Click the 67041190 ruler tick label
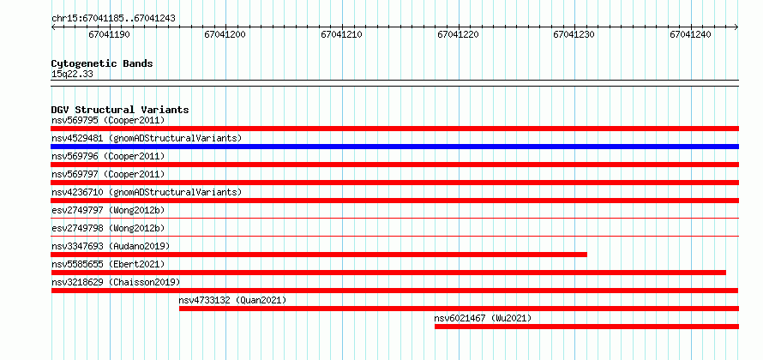(109, 34)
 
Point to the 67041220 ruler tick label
(458, 34)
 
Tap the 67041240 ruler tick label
(690, 34)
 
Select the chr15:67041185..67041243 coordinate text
(113, 19)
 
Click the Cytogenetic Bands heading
(102, 63)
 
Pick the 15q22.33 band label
(72, 75)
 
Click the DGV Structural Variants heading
(120, 110)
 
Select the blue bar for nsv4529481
(394, 147)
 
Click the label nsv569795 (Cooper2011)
(108, 120)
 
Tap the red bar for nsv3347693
(319, 255)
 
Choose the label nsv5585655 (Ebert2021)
(108, 264)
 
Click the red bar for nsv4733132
(459, 309)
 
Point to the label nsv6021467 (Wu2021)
(483, 318)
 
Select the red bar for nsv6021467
(586, 327)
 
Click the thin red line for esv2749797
(394, 218)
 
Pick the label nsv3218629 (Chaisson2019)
(116, 282)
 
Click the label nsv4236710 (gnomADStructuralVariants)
(147, 192)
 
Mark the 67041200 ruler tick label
(225, 34)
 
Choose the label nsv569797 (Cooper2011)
(108, 174)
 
